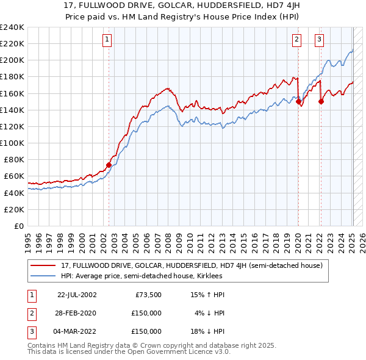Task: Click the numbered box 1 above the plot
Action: point(107,40)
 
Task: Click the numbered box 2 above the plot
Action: point(296,40)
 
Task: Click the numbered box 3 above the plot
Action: point(319,40)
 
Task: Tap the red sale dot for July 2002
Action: point(109,165)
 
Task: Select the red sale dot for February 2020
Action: point(298,102)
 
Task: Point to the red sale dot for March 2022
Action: point(321,102)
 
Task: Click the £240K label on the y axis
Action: point(12,27)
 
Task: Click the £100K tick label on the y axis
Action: point(12,143)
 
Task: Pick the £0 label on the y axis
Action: point(18,226)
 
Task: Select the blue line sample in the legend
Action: point(44,276)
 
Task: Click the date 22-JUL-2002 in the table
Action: point(77,295)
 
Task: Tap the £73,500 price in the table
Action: point(148,295)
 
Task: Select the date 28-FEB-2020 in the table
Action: point(77,313)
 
